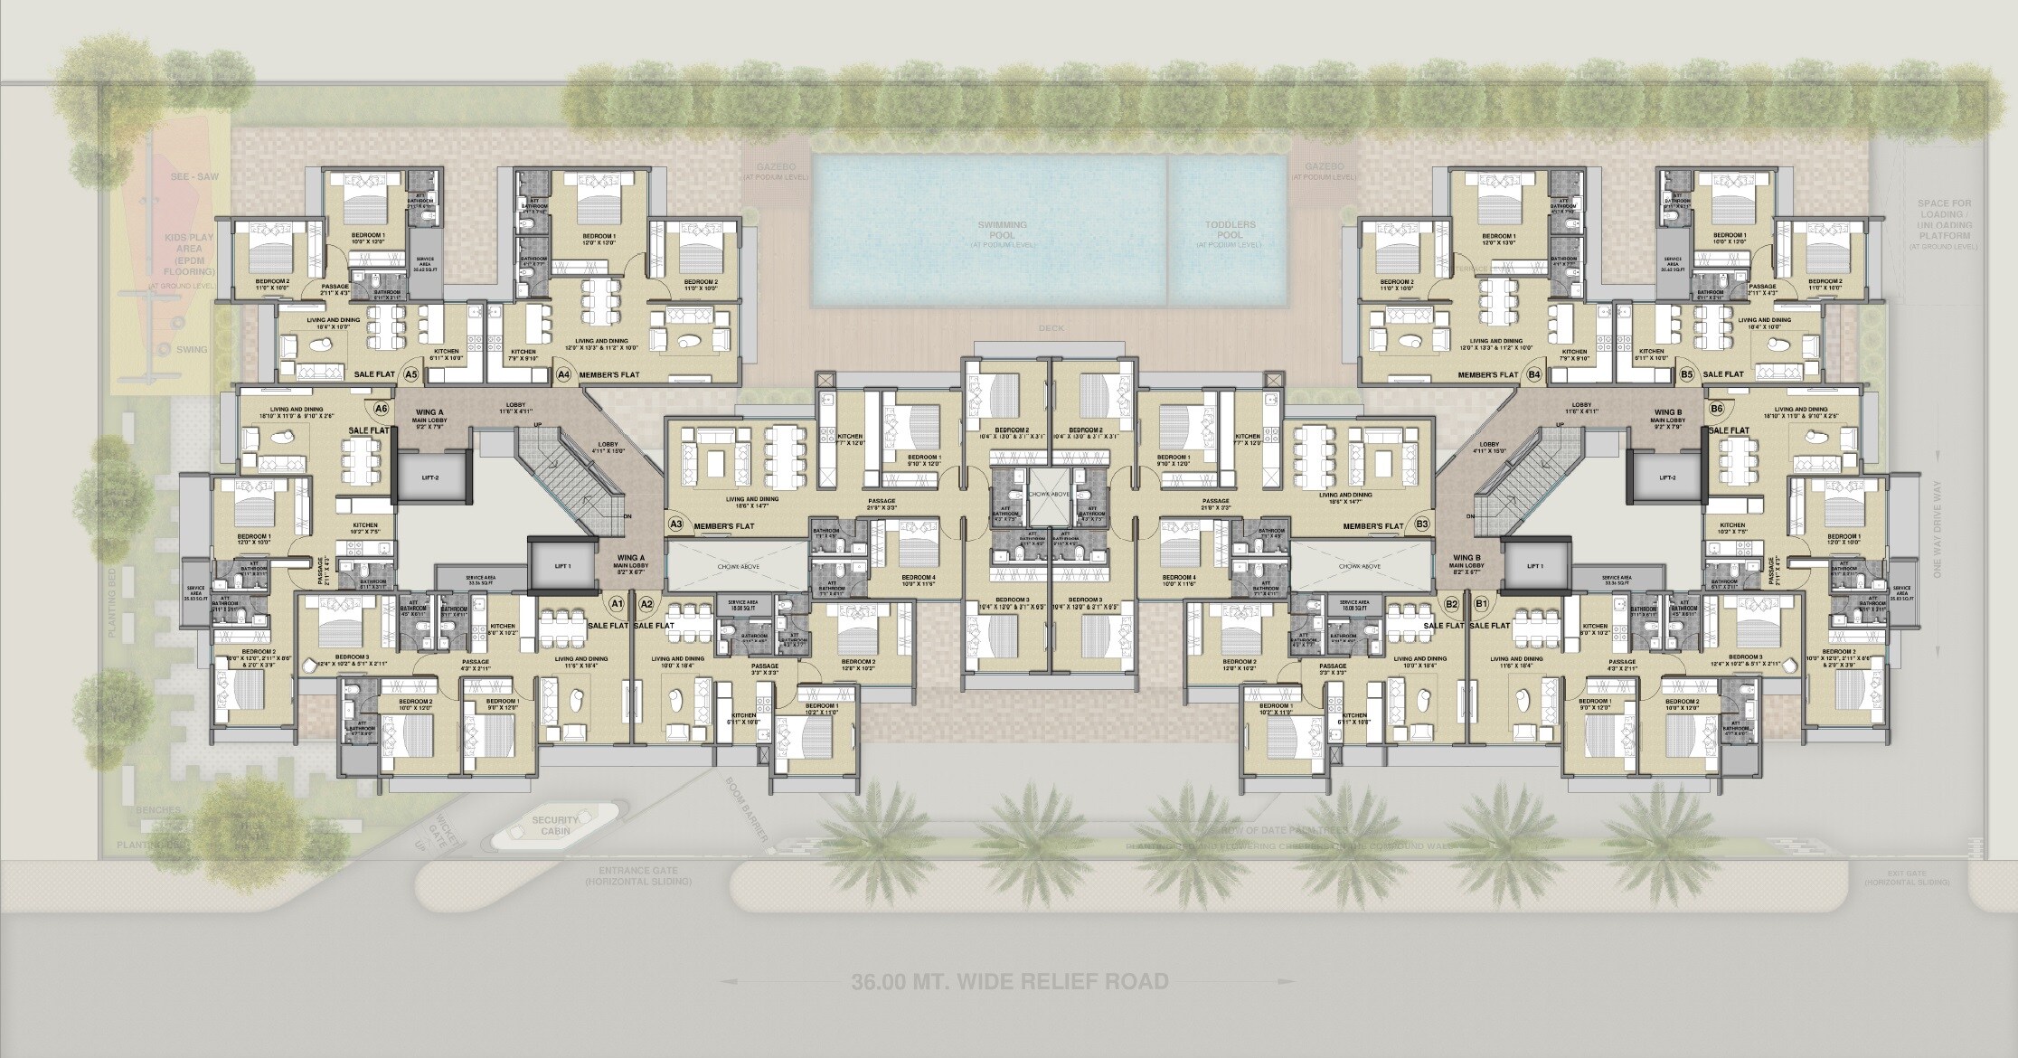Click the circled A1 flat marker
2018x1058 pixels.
tap(618, 602)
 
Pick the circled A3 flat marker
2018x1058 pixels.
tap(675, 524)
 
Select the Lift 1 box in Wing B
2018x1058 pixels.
tap(1534, 566)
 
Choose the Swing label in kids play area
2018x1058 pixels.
tap(193, 349)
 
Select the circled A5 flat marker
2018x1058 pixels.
tap(411, 373)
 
